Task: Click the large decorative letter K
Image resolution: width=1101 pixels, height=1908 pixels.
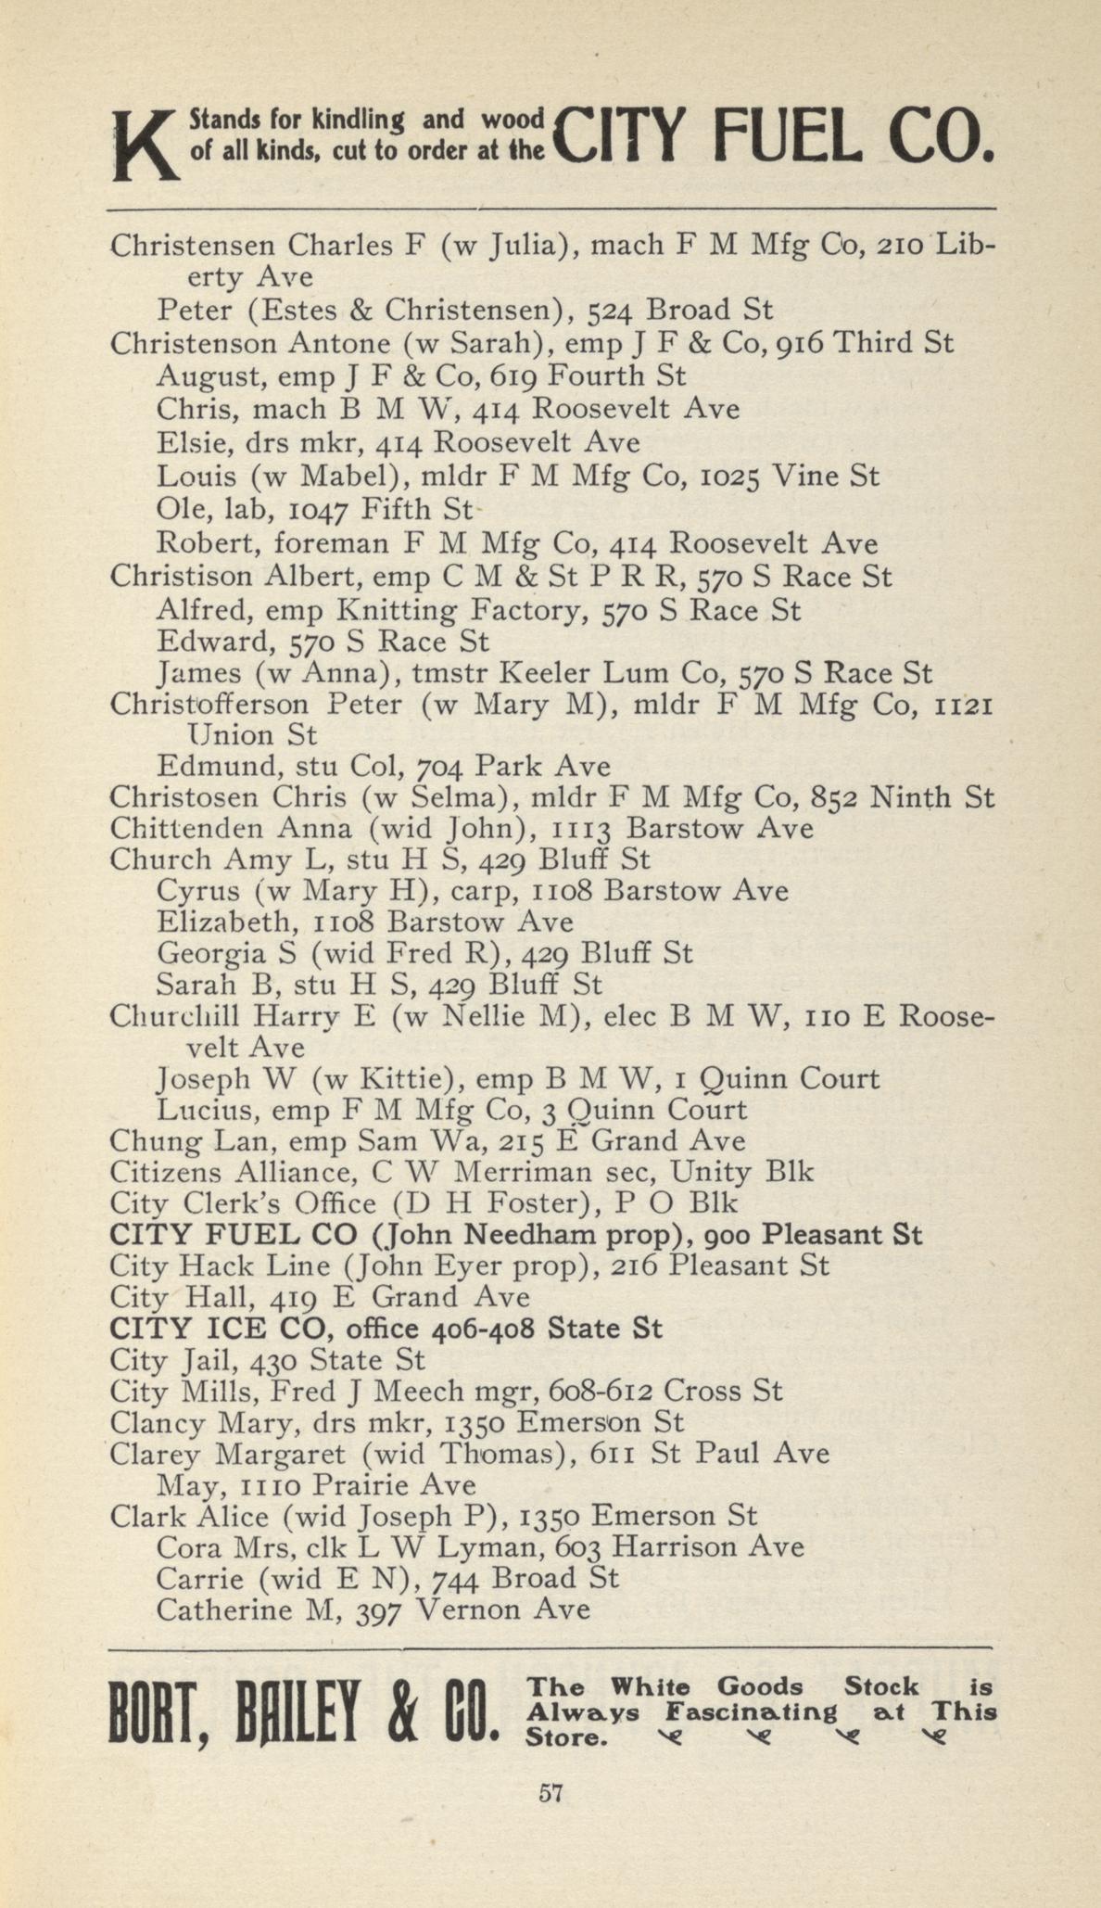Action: click(x=143, y=146)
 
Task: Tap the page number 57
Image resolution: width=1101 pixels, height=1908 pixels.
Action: click(x=550, y=1793)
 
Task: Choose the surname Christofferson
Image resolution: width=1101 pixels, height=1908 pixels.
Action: click(x=209, y=705)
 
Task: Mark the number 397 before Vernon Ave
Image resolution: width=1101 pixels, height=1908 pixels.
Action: click(x=378, y=1610)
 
